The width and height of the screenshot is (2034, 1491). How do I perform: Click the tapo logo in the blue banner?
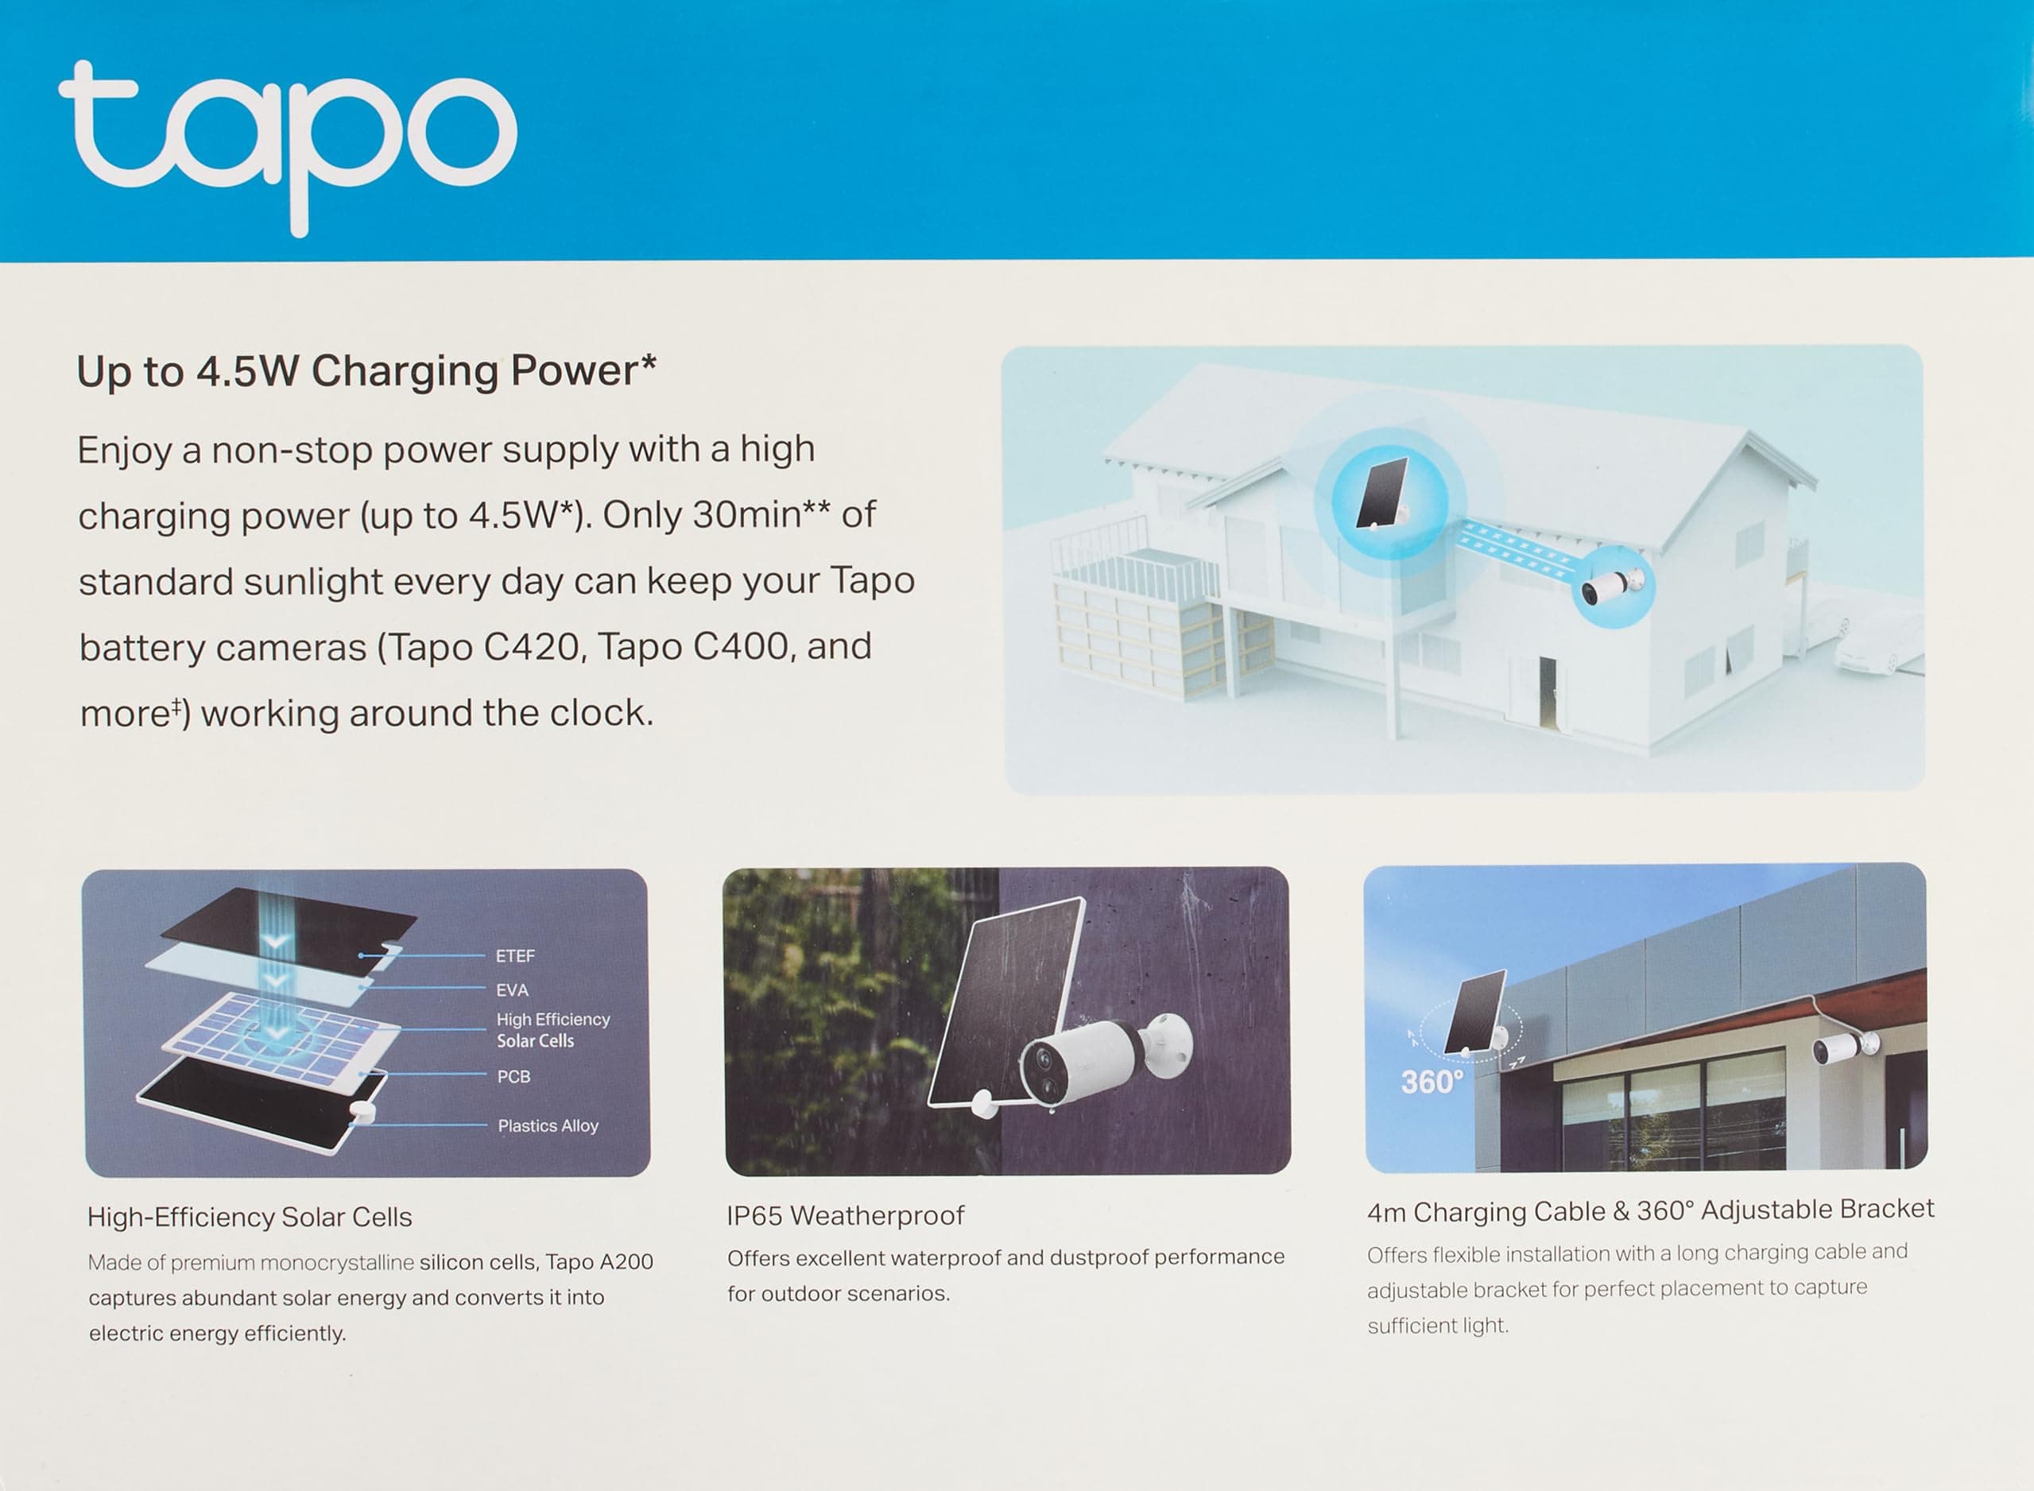coord(287,145)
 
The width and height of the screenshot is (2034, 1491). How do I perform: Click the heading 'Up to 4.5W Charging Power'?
coord(366,371)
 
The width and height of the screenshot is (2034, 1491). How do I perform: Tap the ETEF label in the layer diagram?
coord(515,956)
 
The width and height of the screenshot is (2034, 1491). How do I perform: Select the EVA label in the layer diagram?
coord(512,990)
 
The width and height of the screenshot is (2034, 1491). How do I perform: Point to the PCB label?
coord(513,1077)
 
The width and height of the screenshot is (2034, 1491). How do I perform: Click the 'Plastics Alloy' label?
coord(548,1125)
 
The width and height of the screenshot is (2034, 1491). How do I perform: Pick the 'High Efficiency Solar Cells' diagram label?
coord(552,1030)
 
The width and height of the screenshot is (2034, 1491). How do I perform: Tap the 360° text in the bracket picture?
coord(1432,1082)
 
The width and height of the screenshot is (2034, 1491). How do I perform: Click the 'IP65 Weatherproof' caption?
coord(846,1216)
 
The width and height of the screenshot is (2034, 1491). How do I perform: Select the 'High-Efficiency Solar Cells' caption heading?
coord(249,1218)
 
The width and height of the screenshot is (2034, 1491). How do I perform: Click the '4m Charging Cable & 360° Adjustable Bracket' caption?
coord(1650,1210)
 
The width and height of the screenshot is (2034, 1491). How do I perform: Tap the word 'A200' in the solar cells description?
coord(626,1262)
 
